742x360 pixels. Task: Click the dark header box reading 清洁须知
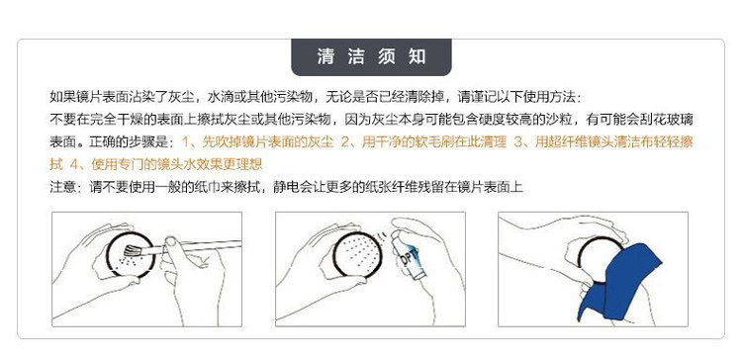[371, 57]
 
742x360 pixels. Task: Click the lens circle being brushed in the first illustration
[131, 255]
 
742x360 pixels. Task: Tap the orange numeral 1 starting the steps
[186, 141]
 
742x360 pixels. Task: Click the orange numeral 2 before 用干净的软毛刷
[345, 141]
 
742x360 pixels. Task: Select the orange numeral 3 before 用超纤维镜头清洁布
[518, 141]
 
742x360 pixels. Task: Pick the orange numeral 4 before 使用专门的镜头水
[74, 164]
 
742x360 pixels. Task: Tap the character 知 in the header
[417, 56]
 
